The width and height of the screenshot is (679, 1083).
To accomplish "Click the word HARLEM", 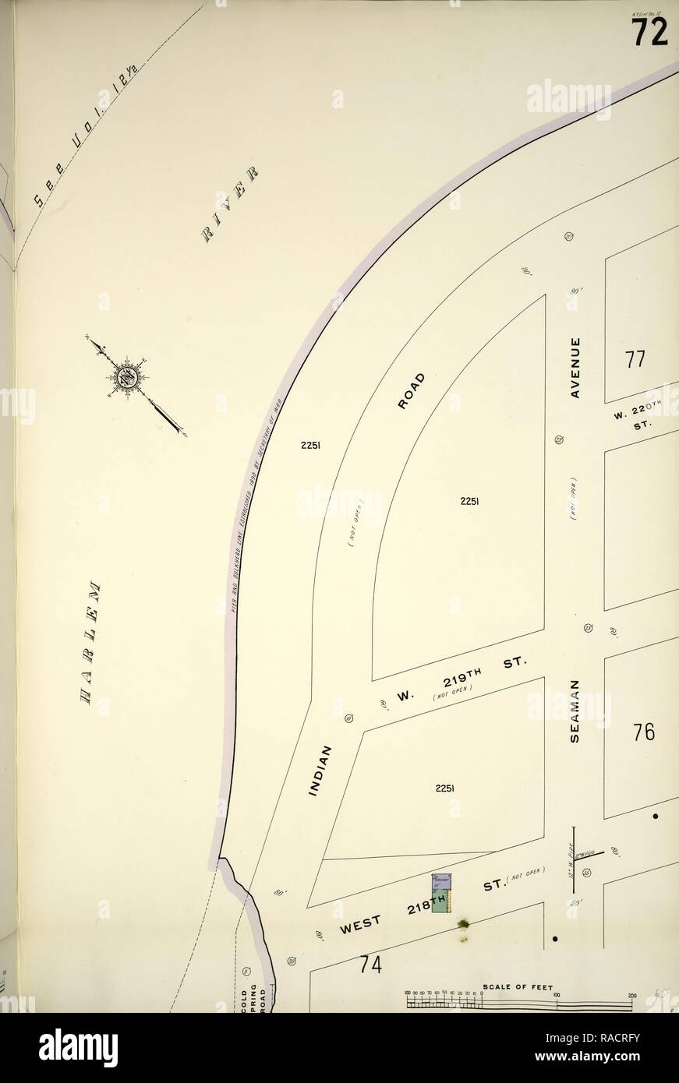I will (x=92, y=644).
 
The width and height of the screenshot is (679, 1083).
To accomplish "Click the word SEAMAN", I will (x=575, y=709).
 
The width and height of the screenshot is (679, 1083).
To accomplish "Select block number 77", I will (x=635, y=360).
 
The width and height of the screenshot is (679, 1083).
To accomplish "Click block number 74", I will (x=370, y=964).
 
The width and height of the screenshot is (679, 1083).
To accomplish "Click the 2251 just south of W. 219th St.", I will (x=444, y=788).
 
